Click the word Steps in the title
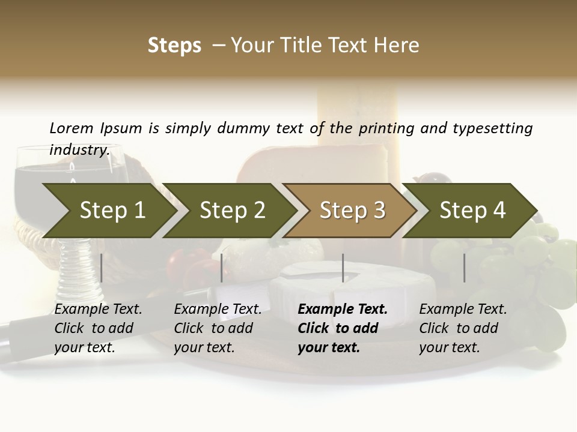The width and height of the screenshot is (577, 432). coord(174,46)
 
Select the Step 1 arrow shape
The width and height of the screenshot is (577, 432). coord(112,211)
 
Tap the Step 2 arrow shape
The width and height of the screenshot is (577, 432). coord(232,211)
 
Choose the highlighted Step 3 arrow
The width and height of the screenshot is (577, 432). coord(352,211)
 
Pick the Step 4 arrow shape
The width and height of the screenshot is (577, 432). coord(472,211)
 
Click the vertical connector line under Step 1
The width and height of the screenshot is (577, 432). coord(102,268)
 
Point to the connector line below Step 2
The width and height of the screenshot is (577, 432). coord(222,268)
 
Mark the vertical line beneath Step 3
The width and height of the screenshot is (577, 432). coord(343,268)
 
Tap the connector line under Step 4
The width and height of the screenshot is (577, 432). coord(465,268)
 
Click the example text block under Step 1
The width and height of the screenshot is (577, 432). coord(98,328)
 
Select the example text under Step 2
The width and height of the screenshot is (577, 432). coord(218,328)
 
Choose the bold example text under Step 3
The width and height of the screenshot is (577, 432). coord(343,328)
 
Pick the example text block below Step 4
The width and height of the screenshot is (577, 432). coord(463,328)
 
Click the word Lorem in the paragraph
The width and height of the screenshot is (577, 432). coord(72,128)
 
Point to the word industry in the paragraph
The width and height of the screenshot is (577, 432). coord(79,150)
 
